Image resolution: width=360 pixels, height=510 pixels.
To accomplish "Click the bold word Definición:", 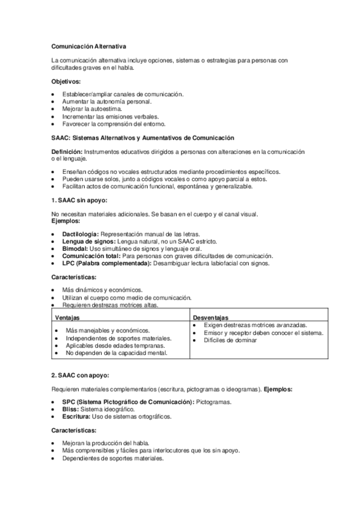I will (67, 152).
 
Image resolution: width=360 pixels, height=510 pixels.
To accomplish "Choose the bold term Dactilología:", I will (80, 233).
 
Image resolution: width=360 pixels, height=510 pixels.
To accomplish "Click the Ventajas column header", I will (68, 317).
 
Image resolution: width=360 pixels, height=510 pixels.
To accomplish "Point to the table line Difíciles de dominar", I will (230, 340).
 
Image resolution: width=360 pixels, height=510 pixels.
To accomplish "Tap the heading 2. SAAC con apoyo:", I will (79, 375).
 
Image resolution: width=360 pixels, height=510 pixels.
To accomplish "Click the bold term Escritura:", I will (76, 416).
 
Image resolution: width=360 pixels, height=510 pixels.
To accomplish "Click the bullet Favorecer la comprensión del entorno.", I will (114, 124).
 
